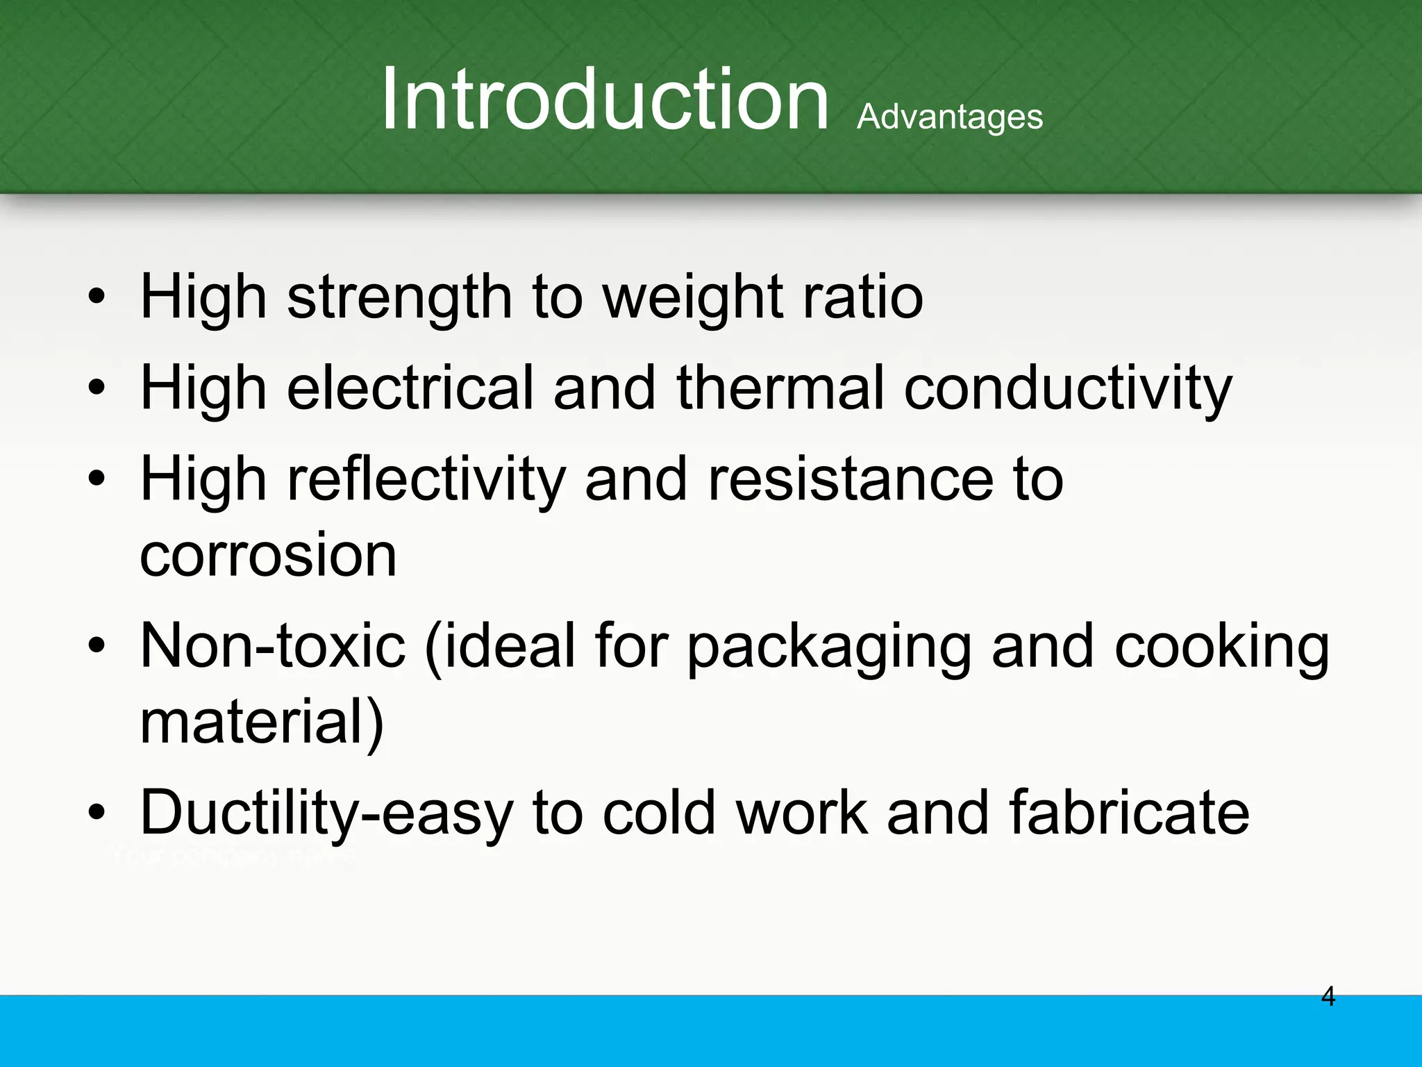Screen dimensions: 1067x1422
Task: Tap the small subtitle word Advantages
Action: pos(949,117)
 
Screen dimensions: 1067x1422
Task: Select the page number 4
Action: pos(1328,997)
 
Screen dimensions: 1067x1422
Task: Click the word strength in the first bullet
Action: pos(399,298)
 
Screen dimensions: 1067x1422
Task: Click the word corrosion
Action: pos(268,555)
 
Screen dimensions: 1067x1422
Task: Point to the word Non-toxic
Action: pos(272,646)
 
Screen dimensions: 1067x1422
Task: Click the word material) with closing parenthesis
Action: pos(262,722)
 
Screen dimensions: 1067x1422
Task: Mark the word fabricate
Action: pos(1129,813)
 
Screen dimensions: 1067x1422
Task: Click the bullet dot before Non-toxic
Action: pos(97,646)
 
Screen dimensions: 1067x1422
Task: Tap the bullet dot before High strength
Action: pos(97,298)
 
